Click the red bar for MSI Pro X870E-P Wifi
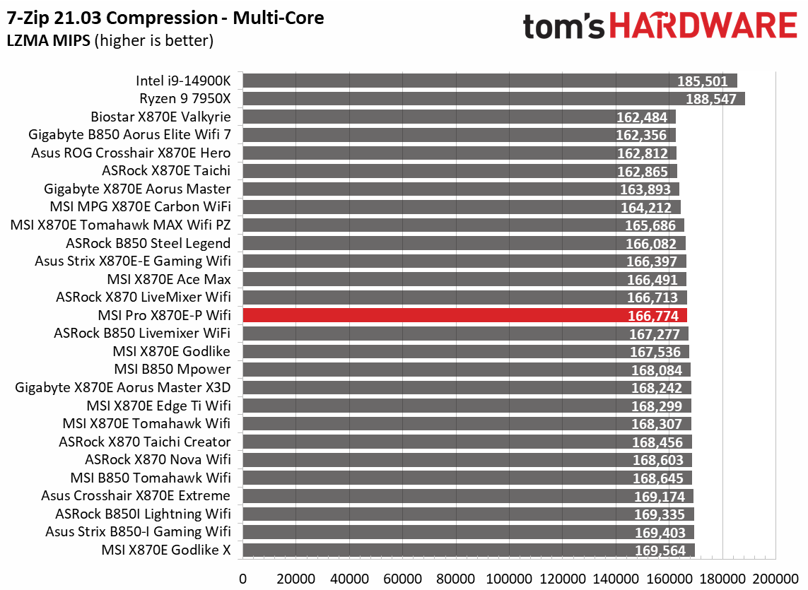464,315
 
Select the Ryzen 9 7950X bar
493,98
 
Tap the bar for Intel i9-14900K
489,81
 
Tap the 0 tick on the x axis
243,578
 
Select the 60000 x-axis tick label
403,578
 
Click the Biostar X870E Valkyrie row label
160,117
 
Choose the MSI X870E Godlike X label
166,550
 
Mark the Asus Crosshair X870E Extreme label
136,496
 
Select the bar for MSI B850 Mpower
466,370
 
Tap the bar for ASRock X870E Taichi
459,171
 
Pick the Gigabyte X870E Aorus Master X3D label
122,387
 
